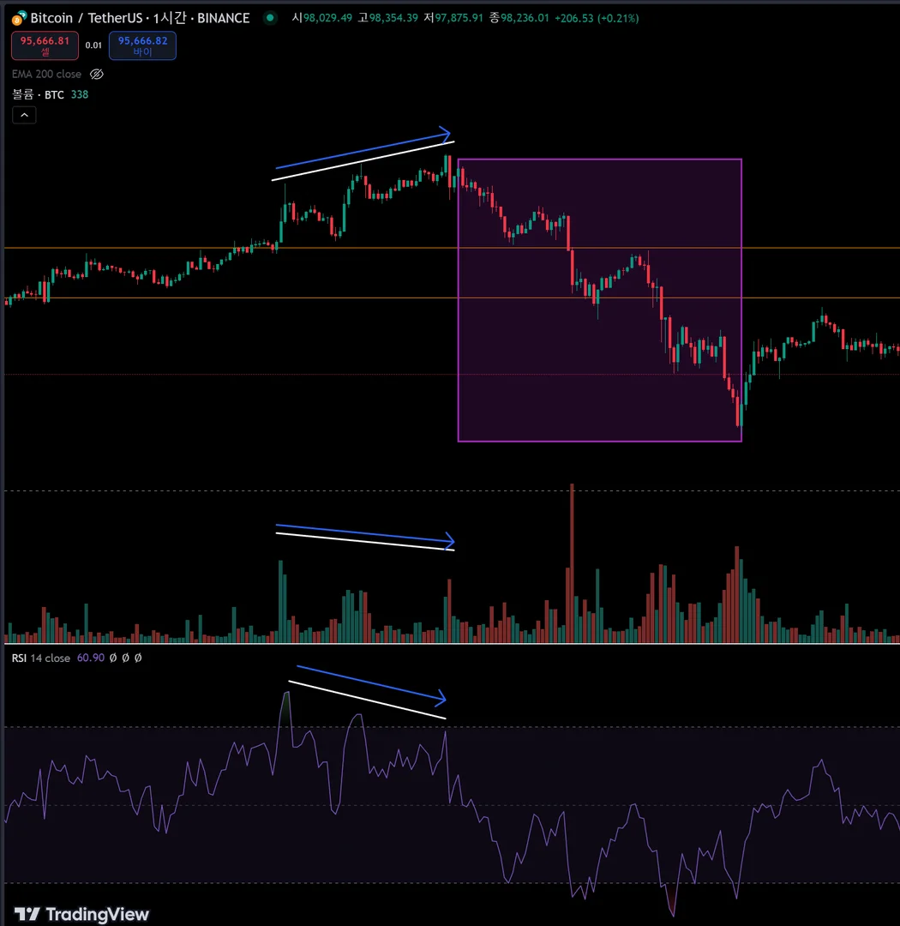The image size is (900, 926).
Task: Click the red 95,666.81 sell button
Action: coord(45,45)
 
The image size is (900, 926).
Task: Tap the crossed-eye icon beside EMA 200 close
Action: coord(97,75)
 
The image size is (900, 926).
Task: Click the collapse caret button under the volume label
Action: coord(24,115)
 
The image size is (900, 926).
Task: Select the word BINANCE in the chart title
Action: coord(224,18)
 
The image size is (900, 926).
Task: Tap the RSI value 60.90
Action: coord(90,658)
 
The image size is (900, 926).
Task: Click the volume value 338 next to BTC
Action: coord(79,94)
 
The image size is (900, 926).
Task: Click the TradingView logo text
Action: coord(82,914)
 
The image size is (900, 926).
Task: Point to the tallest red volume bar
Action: coord(572,562)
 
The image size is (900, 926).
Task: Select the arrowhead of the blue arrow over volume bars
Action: coord(449,541)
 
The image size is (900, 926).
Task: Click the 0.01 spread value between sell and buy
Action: coord(93,45)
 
